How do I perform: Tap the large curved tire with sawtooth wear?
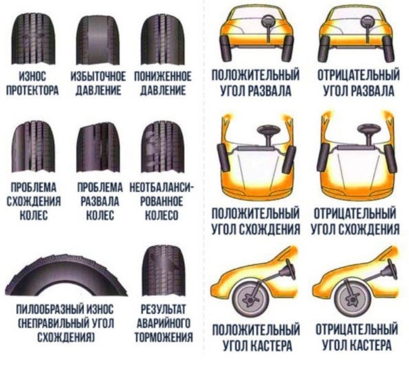pyautogui.click(x=64, y=274)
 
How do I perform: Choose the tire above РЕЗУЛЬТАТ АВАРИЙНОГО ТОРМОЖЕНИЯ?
pyautogui.click(x=163, y=271)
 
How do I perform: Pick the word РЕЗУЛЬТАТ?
pyautogui.click(x=163, y=309)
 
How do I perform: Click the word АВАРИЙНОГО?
pyautogui.click(x=163, y=323)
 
